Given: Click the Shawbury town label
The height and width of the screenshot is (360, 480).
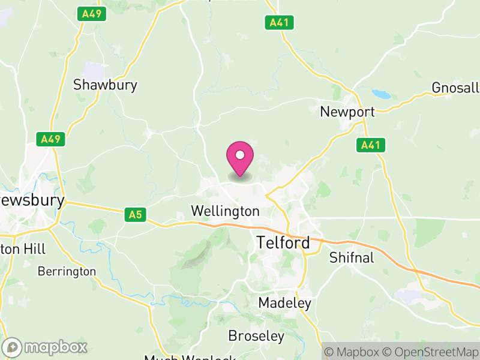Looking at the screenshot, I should pos(105,85).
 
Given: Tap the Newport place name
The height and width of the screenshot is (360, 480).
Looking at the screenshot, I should pos(347,112).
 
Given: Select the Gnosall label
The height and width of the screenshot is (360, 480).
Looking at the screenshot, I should pos(455,88).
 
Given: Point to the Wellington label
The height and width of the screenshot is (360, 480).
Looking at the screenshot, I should pos(225,211).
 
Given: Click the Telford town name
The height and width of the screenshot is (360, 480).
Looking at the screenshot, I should pos(283,243).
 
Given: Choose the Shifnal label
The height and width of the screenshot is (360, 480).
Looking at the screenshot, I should pos(352,258).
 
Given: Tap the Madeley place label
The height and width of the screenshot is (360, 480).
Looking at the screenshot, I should pos(284,303).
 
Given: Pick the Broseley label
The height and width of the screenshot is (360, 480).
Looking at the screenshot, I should pos(256,335).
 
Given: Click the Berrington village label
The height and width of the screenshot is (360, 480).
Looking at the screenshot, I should pos(67,272).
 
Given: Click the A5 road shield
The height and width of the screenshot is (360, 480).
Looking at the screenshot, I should pos(136,214).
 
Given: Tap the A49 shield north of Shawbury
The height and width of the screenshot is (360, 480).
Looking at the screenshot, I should pos(91,13).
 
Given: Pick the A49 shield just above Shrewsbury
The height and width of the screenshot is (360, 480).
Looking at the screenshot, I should pos(51,139).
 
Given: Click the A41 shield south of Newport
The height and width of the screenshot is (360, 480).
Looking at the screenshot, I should pos(371,145).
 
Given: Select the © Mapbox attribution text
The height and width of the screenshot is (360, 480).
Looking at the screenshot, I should pos(353,352).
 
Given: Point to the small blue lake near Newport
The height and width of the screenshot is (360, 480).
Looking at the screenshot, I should pos(380,94).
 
